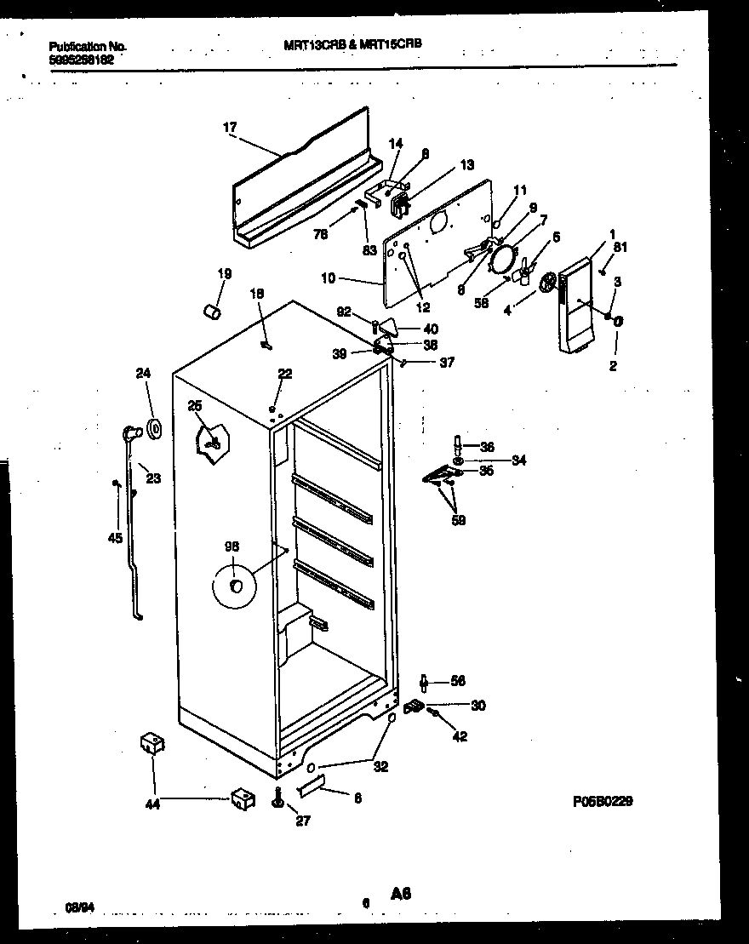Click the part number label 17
pyautogui.click(x=229, y=128)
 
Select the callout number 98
pyautogui.click(x=232, y=548)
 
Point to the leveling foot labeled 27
pyautogui.click(x=278, y=800)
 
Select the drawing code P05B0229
pyautogui.click(x=602, y=801)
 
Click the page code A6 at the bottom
pyautogui.click(x=402, y=893)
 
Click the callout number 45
pyautogui.click(x=115, y=537)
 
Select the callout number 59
pyautogui.click(x=458, y=519)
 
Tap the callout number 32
pyautogui.click(x=380, y=766)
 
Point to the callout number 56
pyautogui.click(x=458, y=681)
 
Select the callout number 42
pyautogui.click(x=460, y=737)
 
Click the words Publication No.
pyautogui.click(x=76, y=47)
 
